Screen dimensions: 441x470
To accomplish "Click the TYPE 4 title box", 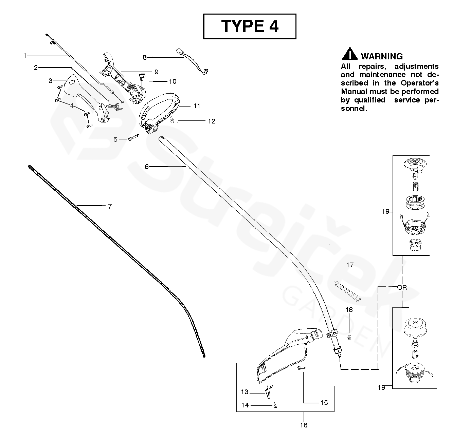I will [250, 26].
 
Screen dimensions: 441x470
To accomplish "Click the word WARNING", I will [382, 56].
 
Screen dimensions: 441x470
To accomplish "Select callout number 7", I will [110, 206].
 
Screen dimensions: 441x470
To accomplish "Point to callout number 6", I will [147, 167].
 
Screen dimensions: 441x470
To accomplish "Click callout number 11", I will [197, 106].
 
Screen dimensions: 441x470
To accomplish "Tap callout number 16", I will [304, 425].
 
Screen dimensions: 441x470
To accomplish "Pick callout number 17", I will [350, 265].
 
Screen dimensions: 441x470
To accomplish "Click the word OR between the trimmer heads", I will [402, 287].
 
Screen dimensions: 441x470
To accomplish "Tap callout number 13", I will [245, 392].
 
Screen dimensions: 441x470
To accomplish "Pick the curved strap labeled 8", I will [194, 61].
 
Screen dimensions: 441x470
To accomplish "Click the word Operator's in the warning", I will [420, 83].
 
